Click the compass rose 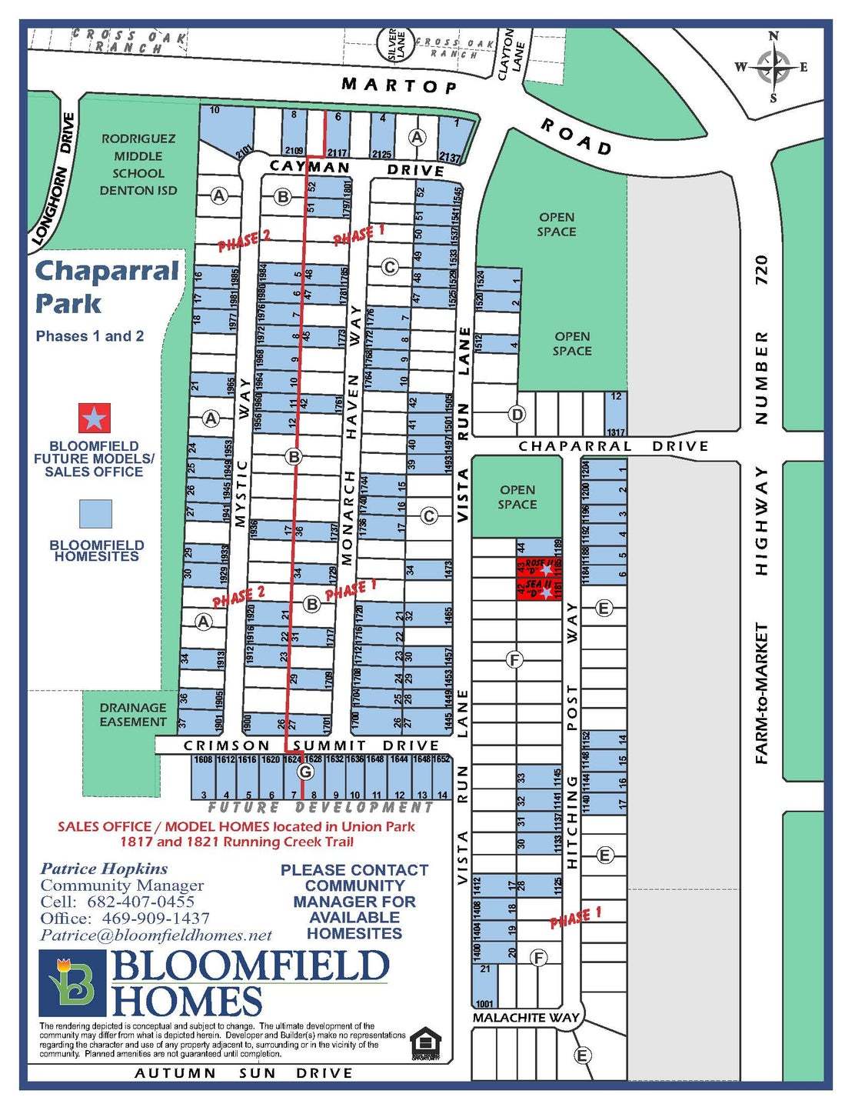773,67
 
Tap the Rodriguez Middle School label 138,165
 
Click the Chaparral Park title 106,286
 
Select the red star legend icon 95,418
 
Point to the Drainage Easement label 132,715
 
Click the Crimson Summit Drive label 311,745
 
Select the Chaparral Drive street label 613,446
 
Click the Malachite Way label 526,1017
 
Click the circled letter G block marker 306,771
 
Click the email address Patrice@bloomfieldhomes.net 156,935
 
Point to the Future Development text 321,808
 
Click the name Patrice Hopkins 104,869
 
